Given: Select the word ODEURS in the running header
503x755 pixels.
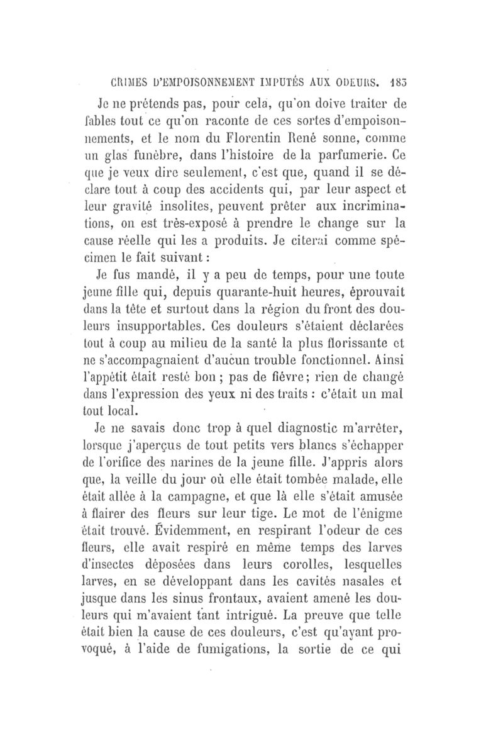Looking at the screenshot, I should pyautogui.click(x=357, y=81).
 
